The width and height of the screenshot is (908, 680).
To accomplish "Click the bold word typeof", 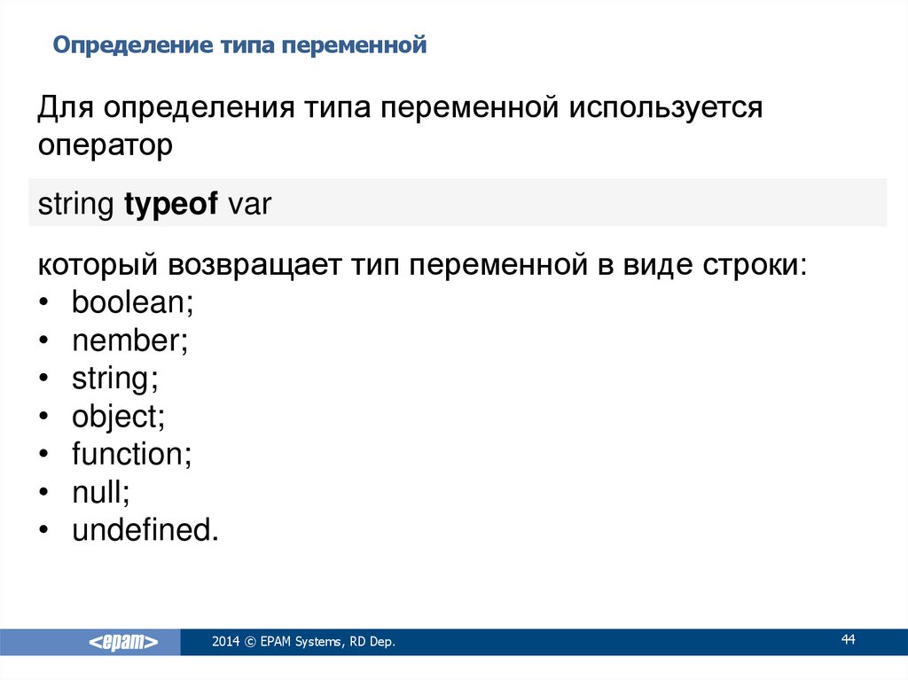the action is (x=171, y=205).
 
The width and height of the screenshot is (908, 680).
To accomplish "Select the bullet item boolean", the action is (x=133, y=301).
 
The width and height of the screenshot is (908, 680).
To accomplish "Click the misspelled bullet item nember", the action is (x=129, y=340).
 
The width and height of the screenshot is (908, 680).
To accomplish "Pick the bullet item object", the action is (x=118, y=417).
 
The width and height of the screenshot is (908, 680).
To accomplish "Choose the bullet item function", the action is (x=131, y=454).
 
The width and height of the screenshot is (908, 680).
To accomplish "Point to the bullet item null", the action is (x=101, y=492).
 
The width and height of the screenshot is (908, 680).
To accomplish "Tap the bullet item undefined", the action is (x=145, y=530).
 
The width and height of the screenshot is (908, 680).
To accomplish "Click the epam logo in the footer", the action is (x=123, y=642).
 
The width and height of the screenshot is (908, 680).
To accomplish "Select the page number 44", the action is (x=848, y=639).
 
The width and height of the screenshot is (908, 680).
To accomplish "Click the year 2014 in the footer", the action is (x=225, y=641).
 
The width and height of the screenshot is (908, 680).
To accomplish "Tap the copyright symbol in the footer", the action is (x=250, y=642).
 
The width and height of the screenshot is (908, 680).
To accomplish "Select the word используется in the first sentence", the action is (x=665, y=108).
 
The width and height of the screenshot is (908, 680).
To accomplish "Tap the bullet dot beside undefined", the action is (x=44, y=530).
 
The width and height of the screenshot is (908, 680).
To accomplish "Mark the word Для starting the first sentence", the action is (x=66, y=108).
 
